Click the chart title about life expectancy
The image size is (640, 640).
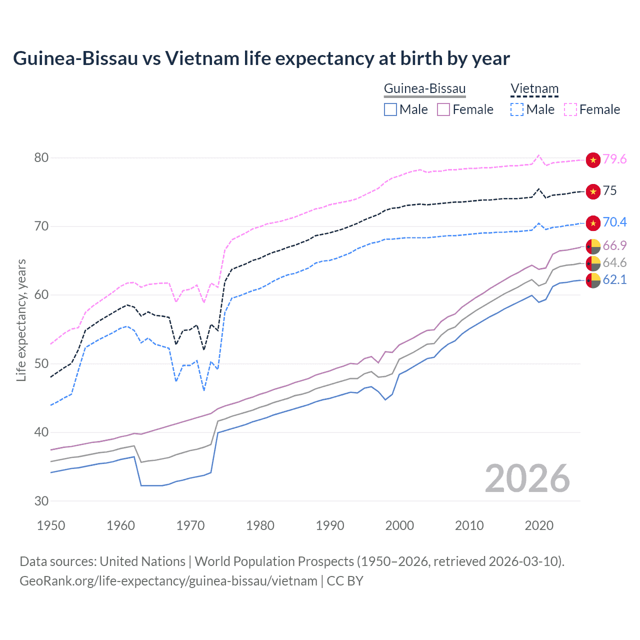pos(261,58)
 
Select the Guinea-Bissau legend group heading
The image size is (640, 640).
pos(424,89)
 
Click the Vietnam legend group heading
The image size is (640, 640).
pos(534,89)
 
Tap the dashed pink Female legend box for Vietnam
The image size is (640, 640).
pos(570,109)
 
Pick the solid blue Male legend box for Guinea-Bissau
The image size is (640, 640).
pos(390,109)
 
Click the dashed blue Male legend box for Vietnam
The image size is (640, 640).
pos(517,109)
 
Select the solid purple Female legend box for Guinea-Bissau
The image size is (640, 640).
pos(443,109)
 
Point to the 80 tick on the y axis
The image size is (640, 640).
pos(41,157)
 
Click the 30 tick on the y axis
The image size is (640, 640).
pos(41,501)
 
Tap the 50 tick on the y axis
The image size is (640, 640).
pos(41,363)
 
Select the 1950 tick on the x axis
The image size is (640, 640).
pos(51,525)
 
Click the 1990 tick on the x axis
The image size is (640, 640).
pos(330,525)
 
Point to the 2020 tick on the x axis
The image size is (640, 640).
pos(539,525)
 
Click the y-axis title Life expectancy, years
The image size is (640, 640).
pos(21,320)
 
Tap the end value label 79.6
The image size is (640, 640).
pos(614,159)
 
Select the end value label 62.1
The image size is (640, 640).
pos(614,279)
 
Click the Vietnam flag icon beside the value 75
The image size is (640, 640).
pos(593,191)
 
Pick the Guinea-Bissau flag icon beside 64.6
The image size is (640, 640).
pos(593,263)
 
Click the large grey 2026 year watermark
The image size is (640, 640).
pos(527,478)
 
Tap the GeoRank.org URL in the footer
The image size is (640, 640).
pos(168,581)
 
